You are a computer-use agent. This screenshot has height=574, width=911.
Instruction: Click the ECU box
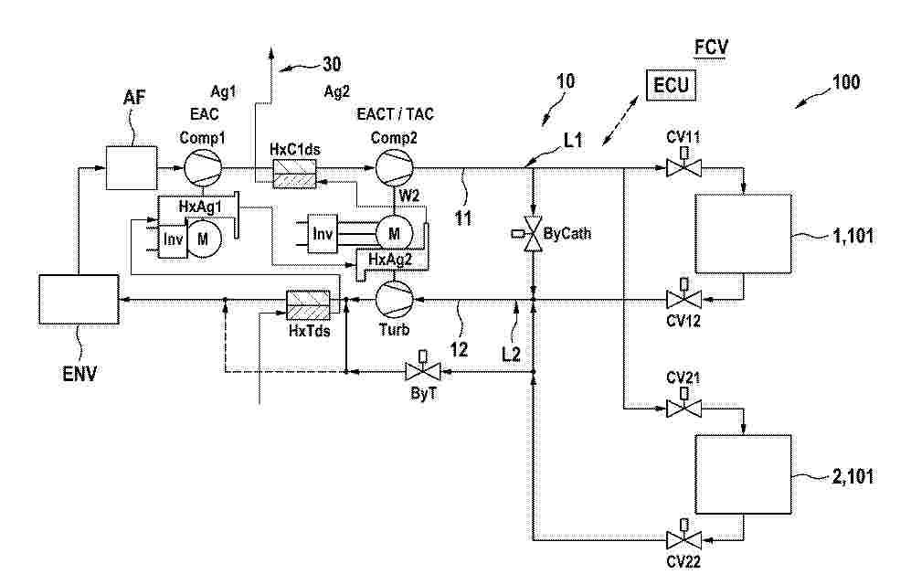(671, 85)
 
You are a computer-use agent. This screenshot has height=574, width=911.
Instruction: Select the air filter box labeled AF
(132, 168)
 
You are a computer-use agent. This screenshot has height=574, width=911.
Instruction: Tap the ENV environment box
(79, 299)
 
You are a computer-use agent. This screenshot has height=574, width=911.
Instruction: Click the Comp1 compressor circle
(203, 168)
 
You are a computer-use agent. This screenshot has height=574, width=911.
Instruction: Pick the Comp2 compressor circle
(394, 168)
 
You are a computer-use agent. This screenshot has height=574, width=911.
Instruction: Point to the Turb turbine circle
(394, 300)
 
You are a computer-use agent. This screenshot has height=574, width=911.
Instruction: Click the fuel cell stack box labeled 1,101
(743, 234)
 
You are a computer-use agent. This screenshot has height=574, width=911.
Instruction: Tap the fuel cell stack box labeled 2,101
(743, 474)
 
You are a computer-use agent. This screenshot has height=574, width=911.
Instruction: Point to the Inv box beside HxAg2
(323, 234)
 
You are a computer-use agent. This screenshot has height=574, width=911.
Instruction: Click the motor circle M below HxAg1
(202, 239)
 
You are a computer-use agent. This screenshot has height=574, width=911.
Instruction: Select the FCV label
(711, 47)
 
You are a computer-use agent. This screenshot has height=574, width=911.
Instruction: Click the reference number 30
(332, 64)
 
